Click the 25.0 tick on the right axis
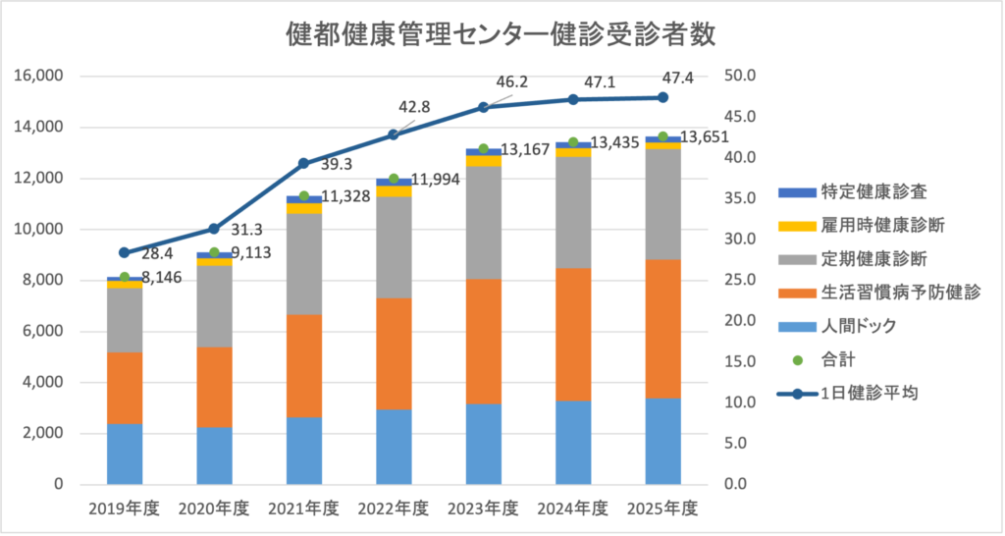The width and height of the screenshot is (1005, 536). pyautogui.click(x=738, y=280)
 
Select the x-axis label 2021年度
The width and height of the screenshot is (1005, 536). pyautogui.click(x=303, y=509)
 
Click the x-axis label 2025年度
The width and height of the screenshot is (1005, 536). pyautogui.click(x=662, y=509)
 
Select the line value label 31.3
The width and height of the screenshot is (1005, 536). pyautogui.click(x=244, y=230)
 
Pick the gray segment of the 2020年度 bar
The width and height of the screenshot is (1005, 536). pyautogui.click(x=214, y=306)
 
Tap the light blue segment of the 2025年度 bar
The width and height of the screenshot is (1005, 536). pyautogui.click(x=662, y=441)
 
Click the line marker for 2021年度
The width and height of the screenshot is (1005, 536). pyautogui.click(x=303, y=163)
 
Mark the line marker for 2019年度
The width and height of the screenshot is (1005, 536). pyautogui.click(x=125, y=252)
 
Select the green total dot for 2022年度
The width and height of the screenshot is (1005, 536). pyautogui.click(x=394, y=179)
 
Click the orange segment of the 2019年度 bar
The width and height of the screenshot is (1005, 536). pyautogui.click(x=125, y=388)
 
